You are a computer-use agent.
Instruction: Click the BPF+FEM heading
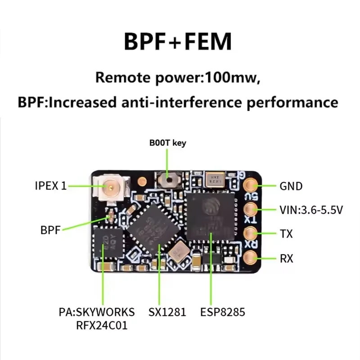pos(178,41)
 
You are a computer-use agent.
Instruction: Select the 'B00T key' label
pos(167,143)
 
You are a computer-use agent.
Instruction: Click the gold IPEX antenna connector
pos(108,185)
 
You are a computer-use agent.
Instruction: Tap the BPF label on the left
pos(50,230)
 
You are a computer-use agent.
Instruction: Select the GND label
pos(291,186)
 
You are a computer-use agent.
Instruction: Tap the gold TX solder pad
pos(250,233)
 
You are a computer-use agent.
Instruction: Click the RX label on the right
pos(286,258)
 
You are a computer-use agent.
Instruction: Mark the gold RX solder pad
pos(250,257)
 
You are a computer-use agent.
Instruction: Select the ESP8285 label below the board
pos(223,312)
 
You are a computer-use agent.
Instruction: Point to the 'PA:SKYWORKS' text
pos(97,312)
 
